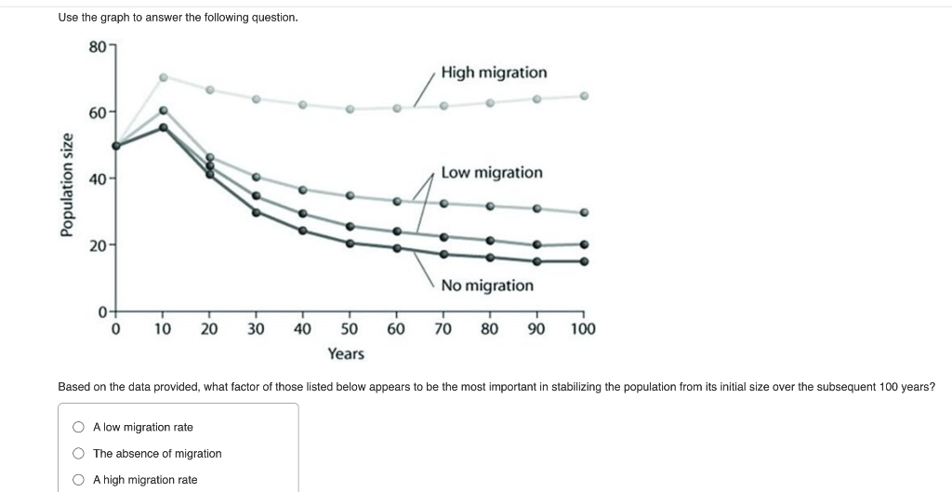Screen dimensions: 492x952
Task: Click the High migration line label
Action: click(x=494, y=73)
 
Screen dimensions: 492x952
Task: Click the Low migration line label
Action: click(x=492, y=173)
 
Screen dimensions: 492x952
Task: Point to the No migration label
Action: click(x=487, y=286)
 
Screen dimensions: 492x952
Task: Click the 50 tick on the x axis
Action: click(x=350, y=328)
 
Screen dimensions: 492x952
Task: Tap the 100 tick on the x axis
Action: click(x=584, y=328)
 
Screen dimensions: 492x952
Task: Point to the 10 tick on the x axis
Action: click(x=163, y=328)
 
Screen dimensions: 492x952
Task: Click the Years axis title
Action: click(x=346, y=354)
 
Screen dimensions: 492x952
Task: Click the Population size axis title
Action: click(x=67, y=185)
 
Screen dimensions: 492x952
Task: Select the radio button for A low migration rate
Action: click(x=79, y=428)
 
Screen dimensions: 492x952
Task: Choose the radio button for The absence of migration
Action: click(x=79, y=454)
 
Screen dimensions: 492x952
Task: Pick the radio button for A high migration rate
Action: click(x=79, y=480)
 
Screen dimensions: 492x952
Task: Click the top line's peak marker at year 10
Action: click(x=163, y=77)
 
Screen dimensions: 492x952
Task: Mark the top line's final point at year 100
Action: click(x=584, y=96)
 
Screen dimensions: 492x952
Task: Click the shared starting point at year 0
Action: click(x=116, y=146)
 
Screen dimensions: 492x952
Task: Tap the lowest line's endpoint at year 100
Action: click(x=584, y=261)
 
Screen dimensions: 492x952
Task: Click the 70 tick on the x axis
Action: click(x=443, y=328)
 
